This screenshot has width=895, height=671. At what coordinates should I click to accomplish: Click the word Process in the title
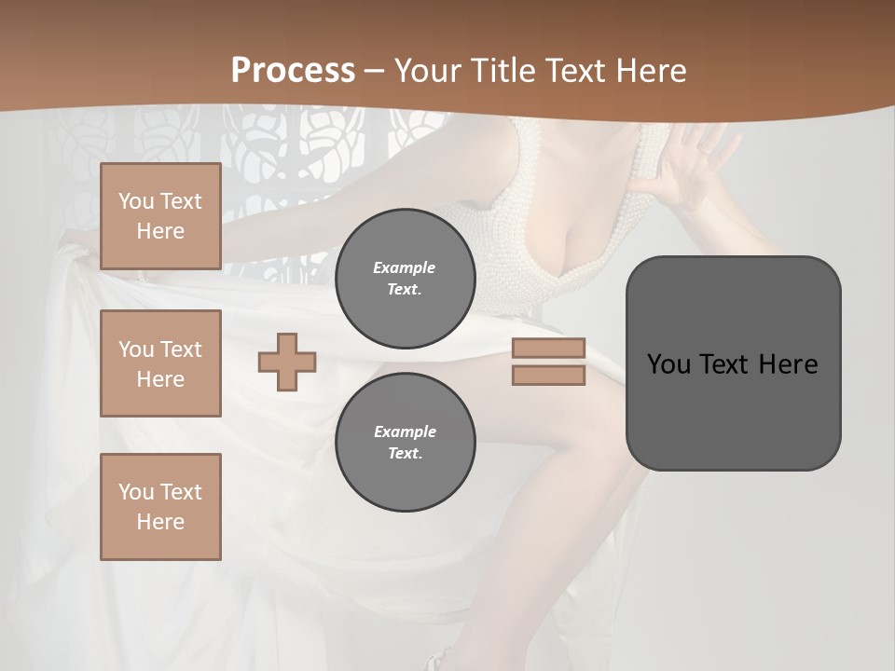[x=293, y=71]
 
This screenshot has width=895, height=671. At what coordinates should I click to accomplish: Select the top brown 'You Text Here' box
[x=160, y=216]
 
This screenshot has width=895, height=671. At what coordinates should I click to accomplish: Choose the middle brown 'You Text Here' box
[x=160, y=363]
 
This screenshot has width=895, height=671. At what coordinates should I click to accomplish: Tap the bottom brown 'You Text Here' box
[x=160, y=507]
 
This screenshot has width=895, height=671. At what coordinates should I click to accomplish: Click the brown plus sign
[x=287, y=362]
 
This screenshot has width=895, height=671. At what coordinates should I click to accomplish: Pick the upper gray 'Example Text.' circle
[x=405, y=278]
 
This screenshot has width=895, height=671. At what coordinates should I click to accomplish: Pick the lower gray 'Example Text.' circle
[x=405, y=442]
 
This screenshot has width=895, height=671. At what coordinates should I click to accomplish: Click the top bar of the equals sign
[x=548, y=348]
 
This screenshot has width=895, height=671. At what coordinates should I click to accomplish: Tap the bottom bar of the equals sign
[x=548, y=376]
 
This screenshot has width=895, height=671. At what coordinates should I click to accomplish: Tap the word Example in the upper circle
[x=405, y=267]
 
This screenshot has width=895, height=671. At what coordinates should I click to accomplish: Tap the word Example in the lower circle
[x=405, y=431]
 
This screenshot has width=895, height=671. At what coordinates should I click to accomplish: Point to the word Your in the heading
[x=425, y=71]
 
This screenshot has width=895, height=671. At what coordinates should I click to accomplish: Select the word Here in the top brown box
[x=160, y=231]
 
